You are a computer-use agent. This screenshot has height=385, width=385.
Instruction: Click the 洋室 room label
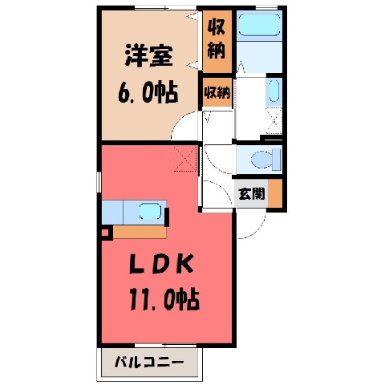(x=148, y=57)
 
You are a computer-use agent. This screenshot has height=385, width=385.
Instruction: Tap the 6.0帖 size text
(x=148, y=93)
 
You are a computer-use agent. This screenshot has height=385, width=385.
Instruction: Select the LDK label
(x=161, y=264)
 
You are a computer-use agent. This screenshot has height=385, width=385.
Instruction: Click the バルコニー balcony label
(x=149, y=363)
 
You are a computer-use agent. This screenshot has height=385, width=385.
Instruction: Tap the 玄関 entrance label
(x=252, y=193)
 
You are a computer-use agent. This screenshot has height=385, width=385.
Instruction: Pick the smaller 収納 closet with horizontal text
(x=217, y=93)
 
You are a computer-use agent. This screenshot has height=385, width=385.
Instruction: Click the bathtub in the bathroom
(x=259, y=25)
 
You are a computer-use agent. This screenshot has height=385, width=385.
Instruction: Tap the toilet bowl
(x=265, y=160)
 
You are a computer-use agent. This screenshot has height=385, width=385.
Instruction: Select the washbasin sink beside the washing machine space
(x=274, y=91)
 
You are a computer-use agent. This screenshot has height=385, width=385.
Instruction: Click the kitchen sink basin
(x=150, y=211)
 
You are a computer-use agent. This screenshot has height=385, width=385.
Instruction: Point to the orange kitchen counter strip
(x=140, y=232)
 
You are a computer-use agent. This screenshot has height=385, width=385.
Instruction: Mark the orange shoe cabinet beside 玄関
(x=275, y=193)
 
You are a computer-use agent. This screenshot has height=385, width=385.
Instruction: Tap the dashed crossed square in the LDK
(x=185, y=159)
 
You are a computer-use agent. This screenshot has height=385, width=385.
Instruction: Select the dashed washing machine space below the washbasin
(x=274, y=120)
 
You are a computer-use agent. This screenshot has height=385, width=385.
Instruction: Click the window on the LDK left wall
(x=99, y=182)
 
